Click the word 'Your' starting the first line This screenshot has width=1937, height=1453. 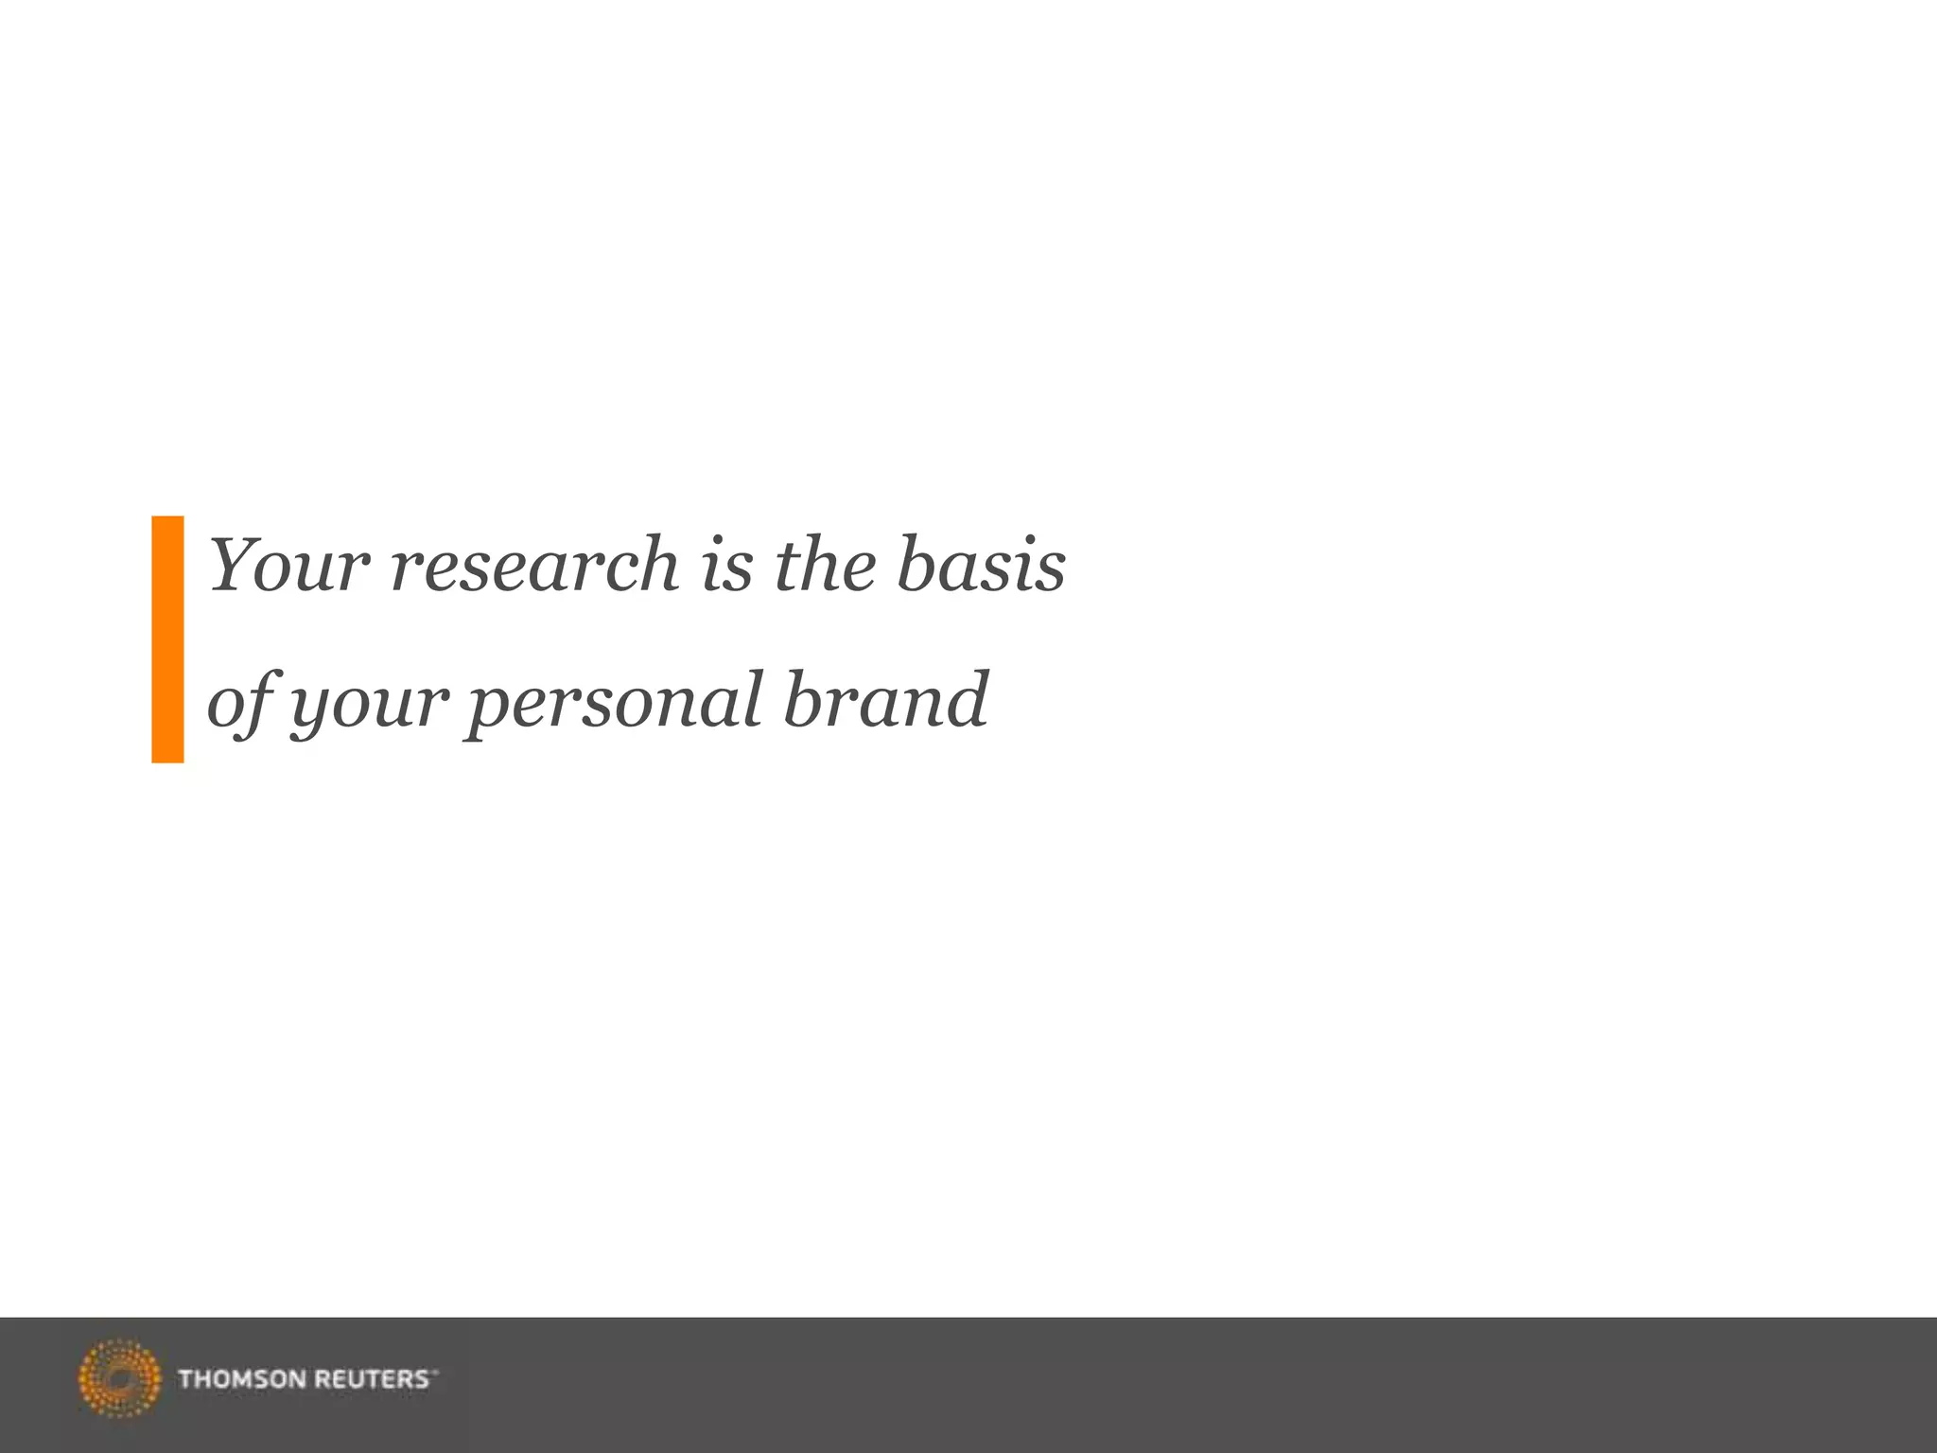[288, 566]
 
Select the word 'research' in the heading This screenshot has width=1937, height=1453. [534, 566]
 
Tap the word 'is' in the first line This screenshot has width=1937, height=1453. [726, 566]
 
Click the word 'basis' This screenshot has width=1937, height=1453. [981, 566]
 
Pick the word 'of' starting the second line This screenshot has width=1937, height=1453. [236, 702]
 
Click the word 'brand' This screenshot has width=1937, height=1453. [885, 702]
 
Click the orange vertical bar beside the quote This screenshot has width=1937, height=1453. [167, 639]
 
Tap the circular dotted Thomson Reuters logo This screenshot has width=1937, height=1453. [119, 1378]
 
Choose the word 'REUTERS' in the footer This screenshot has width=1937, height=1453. [371, 1379]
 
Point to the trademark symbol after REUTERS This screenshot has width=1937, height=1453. [435, 1372]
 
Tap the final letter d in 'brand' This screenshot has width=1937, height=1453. [967, 700]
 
